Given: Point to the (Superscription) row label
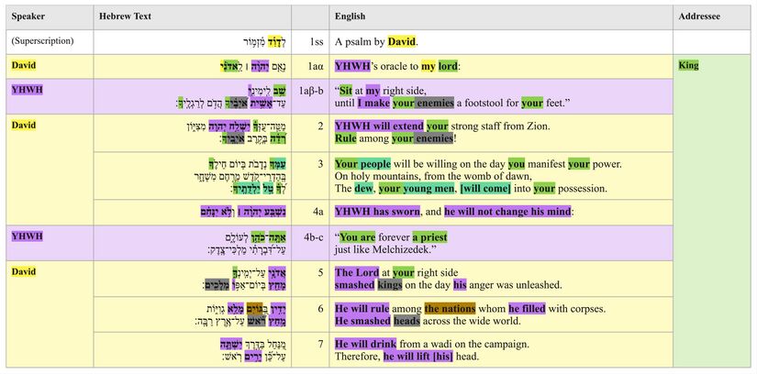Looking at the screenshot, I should tap(42, 42).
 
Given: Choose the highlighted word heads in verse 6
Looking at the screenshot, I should tap(407, 321).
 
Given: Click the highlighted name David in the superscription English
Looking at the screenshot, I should tap(401, 42).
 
